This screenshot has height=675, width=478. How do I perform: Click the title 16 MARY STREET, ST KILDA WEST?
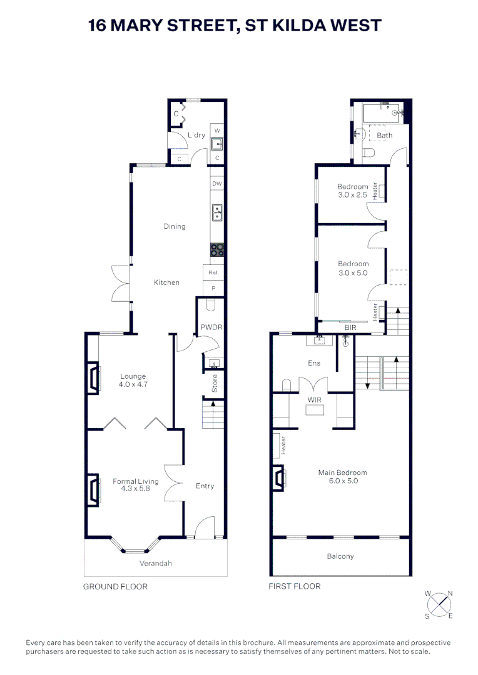click(235, 26)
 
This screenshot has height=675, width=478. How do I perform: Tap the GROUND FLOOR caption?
click(115, 586)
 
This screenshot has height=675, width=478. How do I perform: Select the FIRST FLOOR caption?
click(294, 586)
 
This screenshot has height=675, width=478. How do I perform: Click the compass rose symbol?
click(440, 604)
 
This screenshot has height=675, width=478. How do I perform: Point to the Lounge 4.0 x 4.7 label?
click(133, 380)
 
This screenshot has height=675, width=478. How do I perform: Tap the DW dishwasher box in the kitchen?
click(216, 184)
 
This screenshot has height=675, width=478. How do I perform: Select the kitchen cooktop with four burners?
click(216, 250)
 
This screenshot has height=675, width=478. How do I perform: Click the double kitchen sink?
click(216, 213)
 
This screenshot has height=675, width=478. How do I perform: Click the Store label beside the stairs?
click(215, 383)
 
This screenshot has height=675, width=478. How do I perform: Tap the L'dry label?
click(196, 135)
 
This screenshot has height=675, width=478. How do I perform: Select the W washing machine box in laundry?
click(217, 131)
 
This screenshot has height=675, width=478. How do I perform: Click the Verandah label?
click(155, 563)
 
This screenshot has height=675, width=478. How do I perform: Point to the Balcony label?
click(340, 556)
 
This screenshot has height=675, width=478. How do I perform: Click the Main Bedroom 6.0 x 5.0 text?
click(342, 477)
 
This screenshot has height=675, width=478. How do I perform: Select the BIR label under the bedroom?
click(350, 327)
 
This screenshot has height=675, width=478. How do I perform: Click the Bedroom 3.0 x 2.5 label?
click(353, 191)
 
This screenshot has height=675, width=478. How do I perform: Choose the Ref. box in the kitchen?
click(212, 274)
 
